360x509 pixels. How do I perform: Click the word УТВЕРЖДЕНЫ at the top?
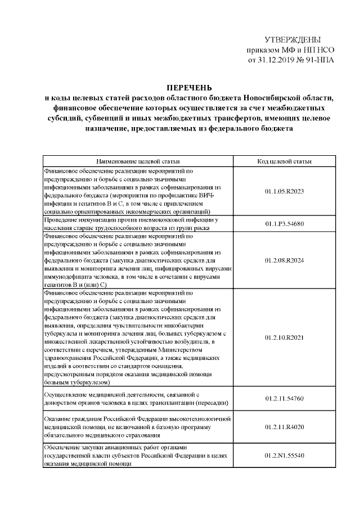292,40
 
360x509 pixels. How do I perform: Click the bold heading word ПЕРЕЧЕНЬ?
188,88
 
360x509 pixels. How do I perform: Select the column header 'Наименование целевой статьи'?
138,161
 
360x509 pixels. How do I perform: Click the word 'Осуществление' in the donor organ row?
67,395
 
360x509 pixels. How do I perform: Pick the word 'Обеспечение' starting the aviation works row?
64,448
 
